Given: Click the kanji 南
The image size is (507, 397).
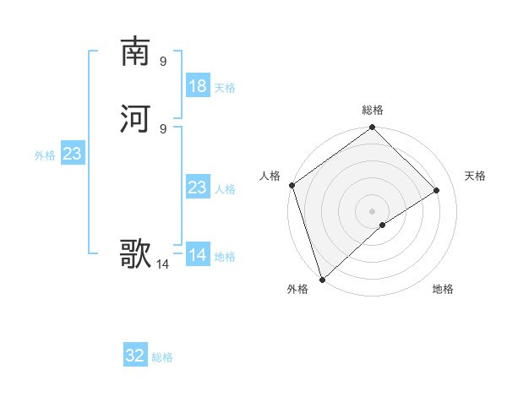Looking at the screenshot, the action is (x=135, y=52).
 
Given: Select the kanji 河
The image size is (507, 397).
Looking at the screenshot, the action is (x=135, y=117).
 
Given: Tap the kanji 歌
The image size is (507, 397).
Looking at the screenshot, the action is (x=135, y=253).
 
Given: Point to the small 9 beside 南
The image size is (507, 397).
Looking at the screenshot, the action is (x=163, y=61).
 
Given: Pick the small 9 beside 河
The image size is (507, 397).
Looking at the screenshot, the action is (x=163, y=128).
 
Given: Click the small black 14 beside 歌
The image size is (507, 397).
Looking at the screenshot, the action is (x=163, y=264).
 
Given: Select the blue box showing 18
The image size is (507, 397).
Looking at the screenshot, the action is (x=198, y=86).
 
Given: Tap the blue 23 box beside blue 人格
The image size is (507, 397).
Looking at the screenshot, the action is (x=198, y=188).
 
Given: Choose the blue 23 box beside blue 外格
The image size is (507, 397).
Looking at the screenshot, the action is (x=73, y=155).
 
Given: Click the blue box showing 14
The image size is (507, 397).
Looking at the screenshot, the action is (x=198, y=255).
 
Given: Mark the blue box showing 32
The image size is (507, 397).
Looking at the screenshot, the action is (x=135, y=356).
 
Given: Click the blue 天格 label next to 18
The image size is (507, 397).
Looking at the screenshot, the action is (x=225, y=88).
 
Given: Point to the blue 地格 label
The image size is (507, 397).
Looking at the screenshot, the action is (x=225, y=257).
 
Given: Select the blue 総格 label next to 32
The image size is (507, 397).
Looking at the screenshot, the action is (x=162, y=357).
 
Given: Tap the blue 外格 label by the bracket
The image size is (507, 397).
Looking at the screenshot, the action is (x=45, y=155).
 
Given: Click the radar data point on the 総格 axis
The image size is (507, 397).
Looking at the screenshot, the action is (x=372, y=128).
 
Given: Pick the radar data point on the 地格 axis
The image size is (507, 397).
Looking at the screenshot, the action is (x=383, y=225).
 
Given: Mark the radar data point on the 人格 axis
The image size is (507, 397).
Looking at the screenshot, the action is (x=292, y=186).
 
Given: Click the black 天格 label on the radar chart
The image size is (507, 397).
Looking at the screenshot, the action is (x=475, y=176).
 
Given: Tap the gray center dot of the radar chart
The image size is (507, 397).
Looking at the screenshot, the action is (x=372, y=210).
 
